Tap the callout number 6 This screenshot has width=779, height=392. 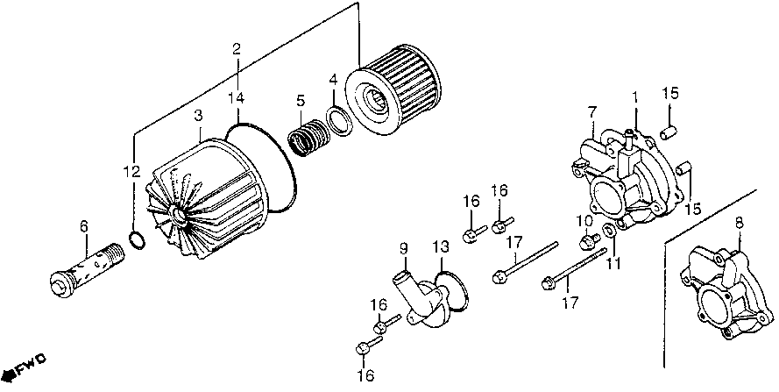point(83,226)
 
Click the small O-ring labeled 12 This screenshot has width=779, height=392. point(137,240)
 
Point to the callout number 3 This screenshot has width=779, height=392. point(198,116)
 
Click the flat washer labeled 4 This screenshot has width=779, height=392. point(340,120)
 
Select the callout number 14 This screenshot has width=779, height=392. point(237,98)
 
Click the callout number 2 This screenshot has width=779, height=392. point(237,49)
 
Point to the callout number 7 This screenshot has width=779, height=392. point(591,112)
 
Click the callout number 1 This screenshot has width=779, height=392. point(634,96)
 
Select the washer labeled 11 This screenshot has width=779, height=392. point(610,231)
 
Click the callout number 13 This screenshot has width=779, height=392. point(440,246)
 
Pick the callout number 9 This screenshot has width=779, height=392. point(403,247)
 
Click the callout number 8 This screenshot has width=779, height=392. point(739,223)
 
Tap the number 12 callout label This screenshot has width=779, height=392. point(132,172)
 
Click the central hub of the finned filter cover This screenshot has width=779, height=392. point(178,214)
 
